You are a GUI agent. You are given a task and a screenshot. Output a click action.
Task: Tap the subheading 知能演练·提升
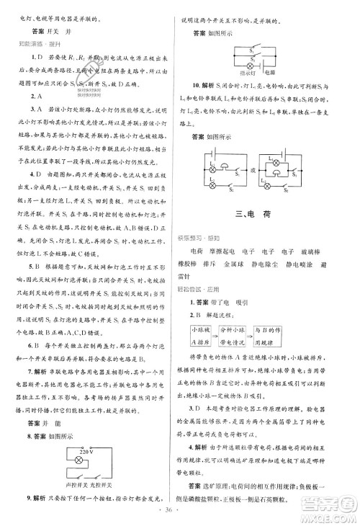coord(34,45)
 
